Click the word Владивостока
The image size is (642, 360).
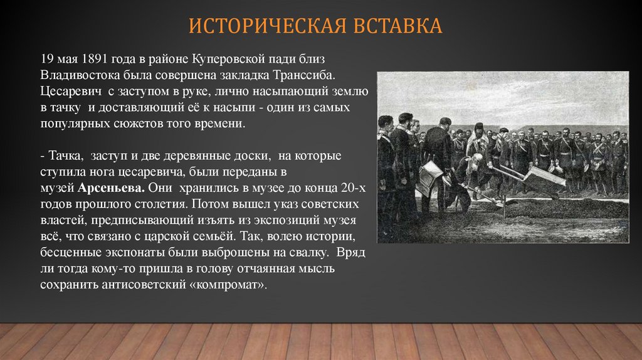pyautogui.click(x=74, y=75)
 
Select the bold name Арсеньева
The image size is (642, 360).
pyautogui.click(x=111, y=188)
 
